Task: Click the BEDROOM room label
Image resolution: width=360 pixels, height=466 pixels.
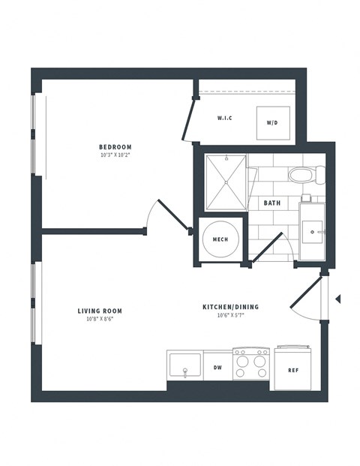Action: click(115, 146)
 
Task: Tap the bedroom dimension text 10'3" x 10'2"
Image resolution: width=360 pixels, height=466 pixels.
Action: click(115, 155)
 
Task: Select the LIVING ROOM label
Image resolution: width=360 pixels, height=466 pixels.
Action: click(100, 310)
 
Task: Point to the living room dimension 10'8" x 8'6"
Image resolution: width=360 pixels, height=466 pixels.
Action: click(100, 319)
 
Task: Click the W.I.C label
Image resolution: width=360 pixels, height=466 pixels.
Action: click(224, 119)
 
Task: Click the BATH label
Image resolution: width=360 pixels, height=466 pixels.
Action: click(271, 203)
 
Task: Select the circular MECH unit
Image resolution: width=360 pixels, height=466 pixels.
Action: click(220, 239)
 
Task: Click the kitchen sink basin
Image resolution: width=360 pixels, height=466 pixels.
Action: click(184, 367)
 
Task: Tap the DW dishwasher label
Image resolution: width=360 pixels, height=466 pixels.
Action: click(217, 368)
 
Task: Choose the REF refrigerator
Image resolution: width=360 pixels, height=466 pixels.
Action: click(294, 369)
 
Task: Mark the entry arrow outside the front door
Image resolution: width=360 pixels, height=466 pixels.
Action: click(337, 299)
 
